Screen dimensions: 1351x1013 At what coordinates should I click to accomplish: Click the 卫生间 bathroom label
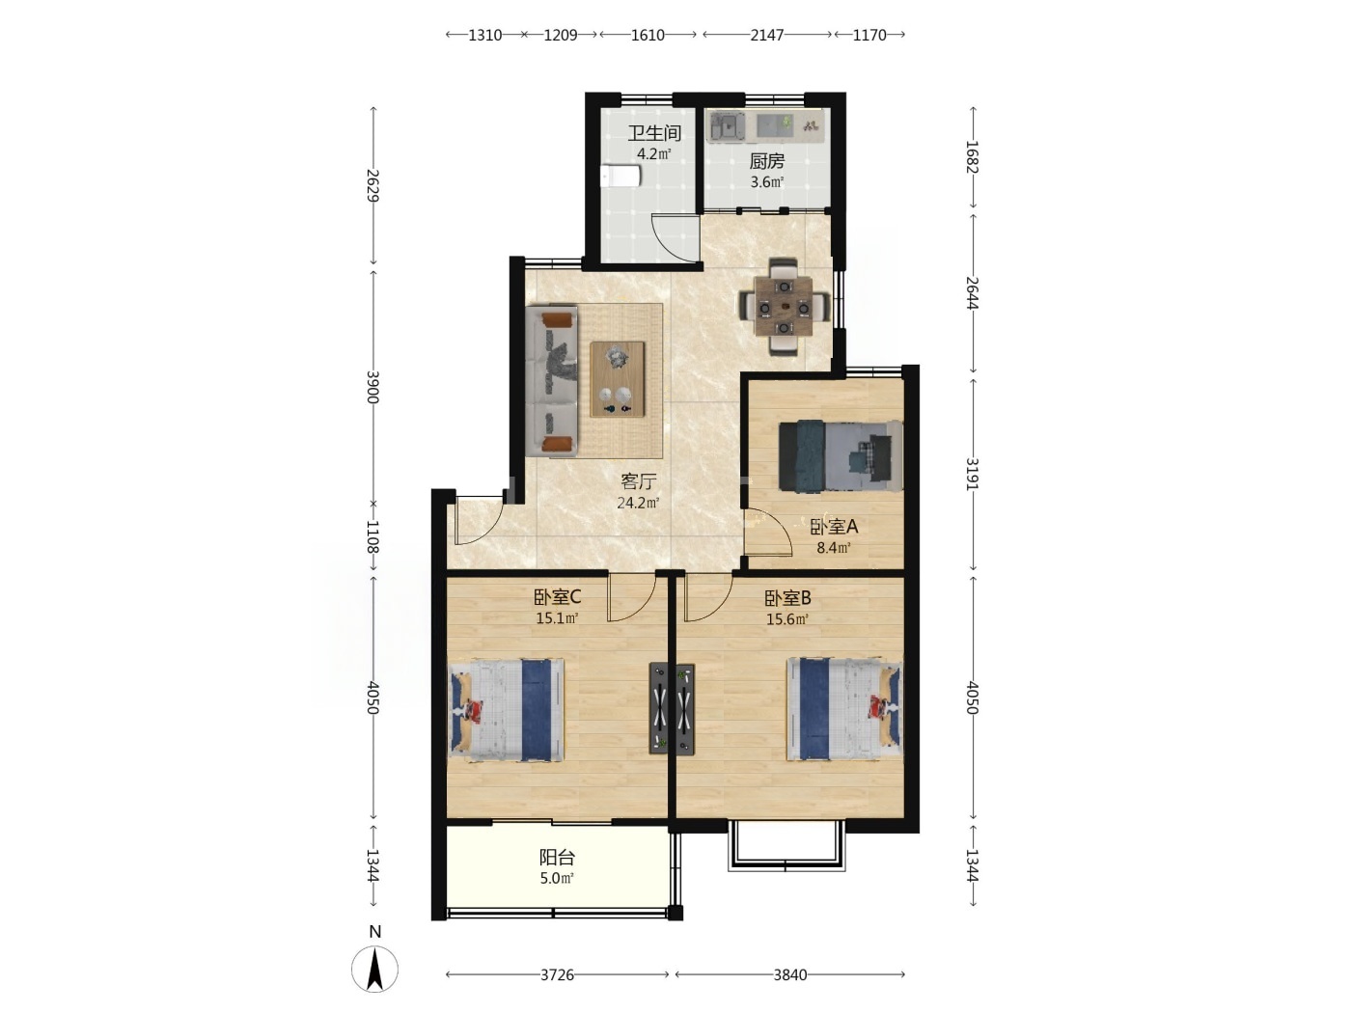(653, 133)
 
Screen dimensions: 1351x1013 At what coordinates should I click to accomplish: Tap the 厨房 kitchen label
(766, 161)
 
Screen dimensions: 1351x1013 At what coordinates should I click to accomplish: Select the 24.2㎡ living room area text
(638, 503)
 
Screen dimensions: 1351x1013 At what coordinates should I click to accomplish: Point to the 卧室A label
(834, 527)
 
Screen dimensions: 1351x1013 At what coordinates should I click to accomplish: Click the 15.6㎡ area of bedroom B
(786, 618)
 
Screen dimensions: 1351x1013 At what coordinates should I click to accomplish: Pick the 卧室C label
(557, 596)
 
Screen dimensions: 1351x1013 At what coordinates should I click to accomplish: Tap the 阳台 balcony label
(557, 857)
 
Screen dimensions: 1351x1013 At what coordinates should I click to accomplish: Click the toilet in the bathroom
(621, 176)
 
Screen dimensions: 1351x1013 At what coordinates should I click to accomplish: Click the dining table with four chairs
(784, 306)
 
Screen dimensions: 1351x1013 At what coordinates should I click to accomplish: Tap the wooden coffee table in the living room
(618, 379)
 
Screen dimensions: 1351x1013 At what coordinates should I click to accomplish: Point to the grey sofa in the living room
(551, 381)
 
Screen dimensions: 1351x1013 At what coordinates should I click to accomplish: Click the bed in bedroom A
(841, 456)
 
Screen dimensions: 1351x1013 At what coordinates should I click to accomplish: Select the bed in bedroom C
(506, 710)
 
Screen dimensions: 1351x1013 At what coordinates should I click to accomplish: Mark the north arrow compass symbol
(374, 969)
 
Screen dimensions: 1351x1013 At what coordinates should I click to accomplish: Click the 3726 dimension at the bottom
(557, 974)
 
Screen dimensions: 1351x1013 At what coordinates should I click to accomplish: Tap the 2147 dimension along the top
(766, 35)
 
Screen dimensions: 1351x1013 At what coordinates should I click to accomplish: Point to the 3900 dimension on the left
(372, 387)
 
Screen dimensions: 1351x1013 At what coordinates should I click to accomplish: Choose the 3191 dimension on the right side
(972, 474)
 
